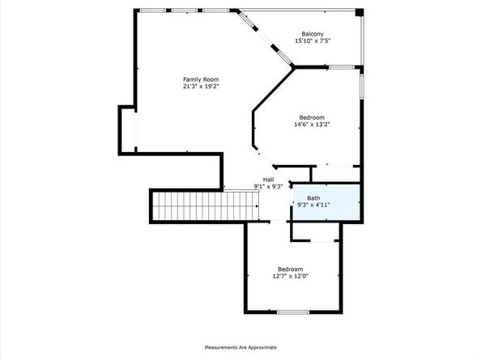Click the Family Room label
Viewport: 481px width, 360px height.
[201, 79]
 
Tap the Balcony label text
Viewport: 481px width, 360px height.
[313, 33]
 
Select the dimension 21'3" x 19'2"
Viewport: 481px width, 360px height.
[201, 87]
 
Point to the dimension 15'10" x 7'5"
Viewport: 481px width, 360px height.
[313, 40]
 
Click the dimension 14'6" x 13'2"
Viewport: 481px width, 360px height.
[313, 125]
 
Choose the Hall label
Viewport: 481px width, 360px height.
[268, 179]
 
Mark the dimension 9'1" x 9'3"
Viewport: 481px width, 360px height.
[268, 186]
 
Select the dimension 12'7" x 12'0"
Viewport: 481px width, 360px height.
[290, 276]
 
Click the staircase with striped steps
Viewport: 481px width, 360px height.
[187, 205]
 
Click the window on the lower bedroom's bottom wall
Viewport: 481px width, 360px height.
[294, 311]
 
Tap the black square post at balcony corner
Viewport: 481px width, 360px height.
[360, 12]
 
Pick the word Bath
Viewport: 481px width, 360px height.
[313, 198]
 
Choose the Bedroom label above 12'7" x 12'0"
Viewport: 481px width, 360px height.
[290, 269]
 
